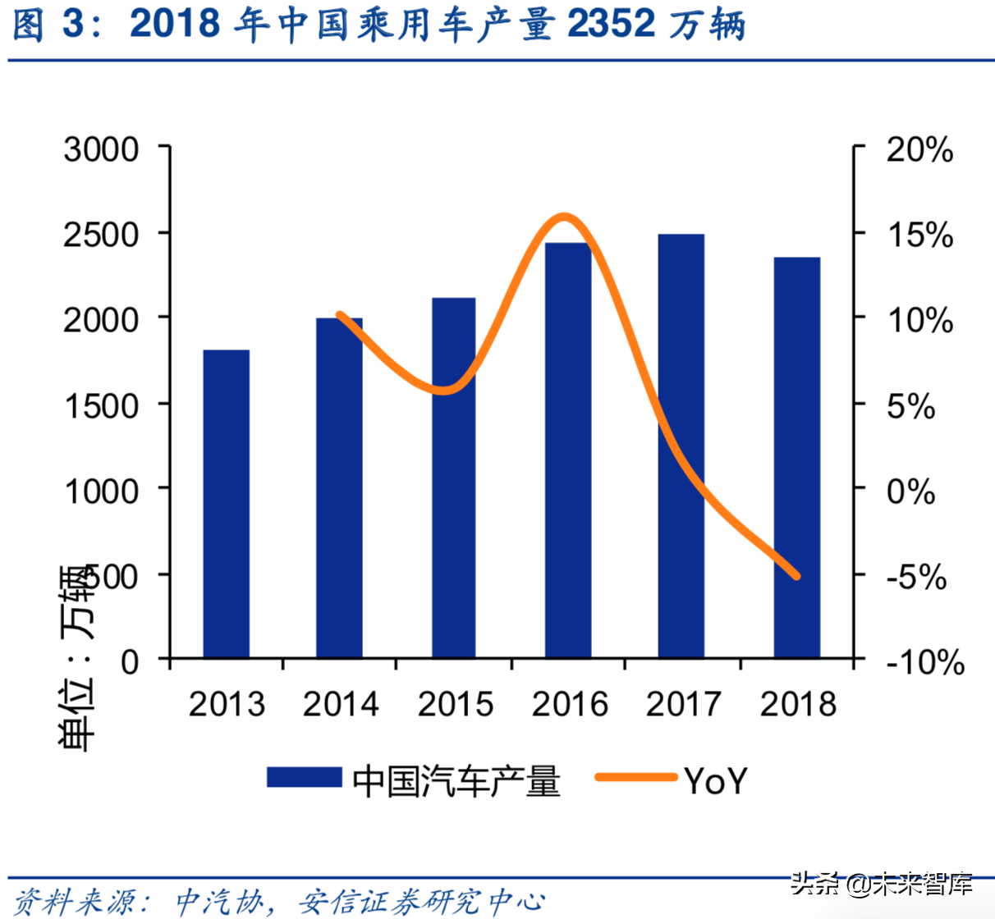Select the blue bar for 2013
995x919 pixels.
(226, 504)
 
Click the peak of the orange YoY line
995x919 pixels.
(564, 217)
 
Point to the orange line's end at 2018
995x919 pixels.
(796, 576)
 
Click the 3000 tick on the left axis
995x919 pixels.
(102, 150)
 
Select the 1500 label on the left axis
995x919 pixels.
(102, 405)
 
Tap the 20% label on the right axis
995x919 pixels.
(919, 150)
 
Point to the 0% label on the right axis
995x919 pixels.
(911, 491)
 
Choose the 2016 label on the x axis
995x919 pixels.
(569, 704)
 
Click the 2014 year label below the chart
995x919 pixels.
(341, 704)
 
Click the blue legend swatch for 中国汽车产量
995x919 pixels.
(304, 777)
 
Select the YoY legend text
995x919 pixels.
(716, 780)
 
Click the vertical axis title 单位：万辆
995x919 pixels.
(76, 656)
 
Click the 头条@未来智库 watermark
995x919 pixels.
(882, 884)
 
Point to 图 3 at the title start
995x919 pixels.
(48, 25)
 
